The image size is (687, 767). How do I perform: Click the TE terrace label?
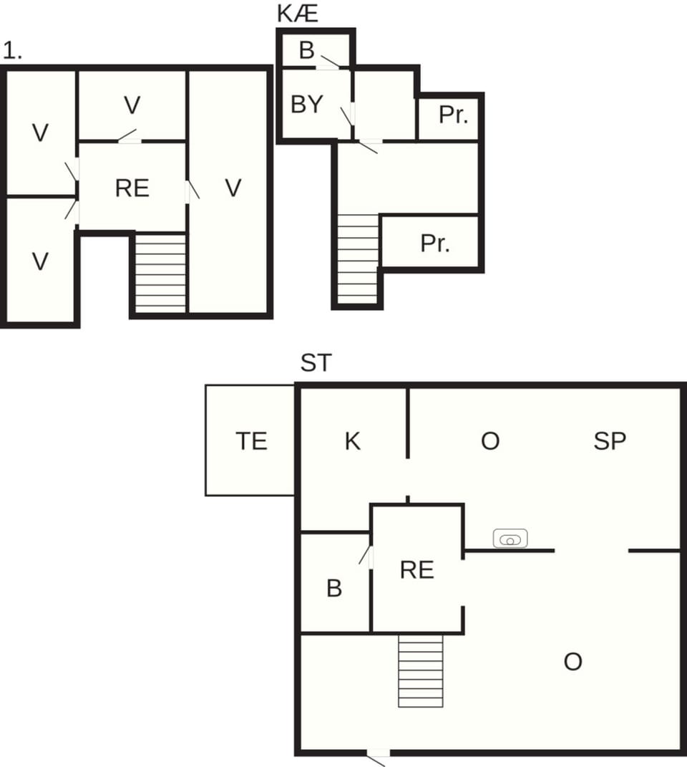coord(251,441)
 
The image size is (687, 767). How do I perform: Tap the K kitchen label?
coord(352,441)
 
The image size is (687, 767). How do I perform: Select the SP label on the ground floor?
coord(610,441)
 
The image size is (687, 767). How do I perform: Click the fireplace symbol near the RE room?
coord(510,539)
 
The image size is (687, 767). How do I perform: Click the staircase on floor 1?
coord(160,274)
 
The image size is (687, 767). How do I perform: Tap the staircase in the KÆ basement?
coord(358,259)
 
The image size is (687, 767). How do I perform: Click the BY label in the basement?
coord(307,105)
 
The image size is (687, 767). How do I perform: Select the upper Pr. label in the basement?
coord(452,115)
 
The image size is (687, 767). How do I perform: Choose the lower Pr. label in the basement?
coord(435,243)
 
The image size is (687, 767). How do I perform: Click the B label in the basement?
coord(307,51)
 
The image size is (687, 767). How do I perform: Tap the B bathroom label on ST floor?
coord(334,588)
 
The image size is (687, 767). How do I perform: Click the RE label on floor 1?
coord(132,188)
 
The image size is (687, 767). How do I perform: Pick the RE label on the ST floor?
coord(417,570)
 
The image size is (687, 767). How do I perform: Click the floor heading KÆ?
coord(297,14)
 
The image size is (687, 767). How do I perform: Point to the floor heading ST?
coord(316,363)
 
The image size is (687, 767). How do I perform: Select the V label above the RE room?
coord(132,105)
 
